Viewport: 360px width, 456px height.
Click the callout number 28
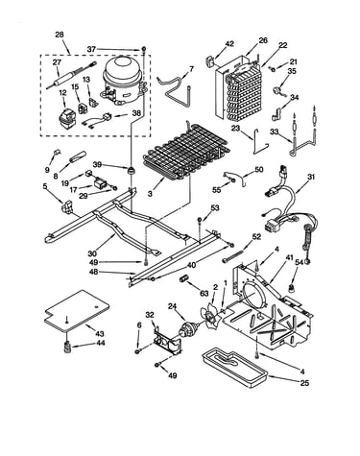coord(60,35)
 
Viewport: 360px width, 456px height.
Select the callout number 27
coord(57,62)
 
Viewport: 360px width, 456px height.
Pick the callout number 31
coord(311,177)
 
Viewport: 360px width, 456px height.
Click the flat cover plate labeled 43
coord(77,310)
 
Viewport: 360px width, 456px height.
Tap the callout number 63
coord(204,294)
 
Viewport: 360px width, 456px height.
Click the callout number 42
coord(229,44)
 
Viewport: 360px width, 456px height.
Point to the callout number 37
coord(92,49)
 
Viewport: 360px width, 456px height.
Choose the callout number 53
coord(215,208)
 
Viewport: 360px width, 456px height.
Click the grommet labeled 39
coord(131,170)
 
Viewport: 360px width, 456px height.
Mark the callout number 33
coord(275,132)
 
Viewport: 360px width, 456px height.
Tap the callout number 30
coord(92,253)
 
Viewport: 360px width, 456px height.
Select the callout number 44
coord(100,344)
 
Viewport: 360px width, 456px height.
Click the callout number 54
coord(299,262)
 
